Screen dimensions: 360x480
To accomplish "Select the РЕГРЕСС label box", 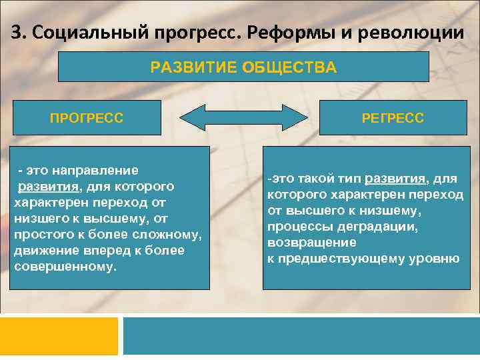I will (393, 118).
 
